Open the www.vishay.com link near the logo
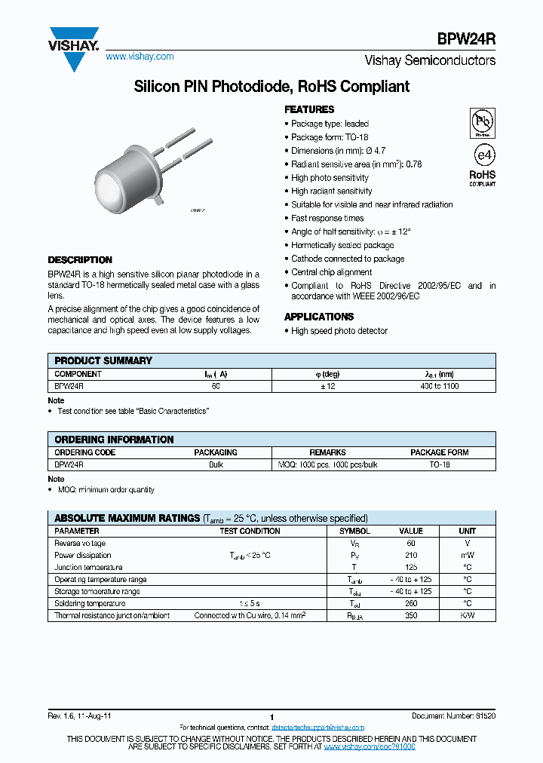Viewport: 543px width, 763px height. pos(140,57)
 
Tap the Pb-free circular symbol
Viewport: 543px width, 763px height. pos(483,121)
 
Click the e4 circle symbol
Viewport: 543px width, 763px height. pos(483,155)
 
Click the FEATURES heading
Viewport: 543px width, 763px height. pos(309,109)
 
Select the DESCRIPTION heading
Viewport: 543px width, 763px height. pos(80,260)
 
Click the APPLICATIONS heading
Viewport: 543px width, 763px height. pos(319,317)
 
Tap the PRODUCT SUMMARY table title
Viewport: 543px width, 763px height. pos(103,360)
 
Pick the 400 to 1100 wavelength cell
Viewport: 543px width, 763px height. pos(439,386)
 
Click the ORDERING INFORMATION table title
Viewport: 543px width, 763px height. pos(114,440)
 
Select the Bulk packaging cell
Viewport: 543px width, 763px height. pos(216,465)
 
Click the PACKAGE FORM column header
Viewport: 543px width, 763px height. pos(439,452)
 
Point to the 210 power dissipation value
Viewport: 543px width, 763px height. pos(411,555)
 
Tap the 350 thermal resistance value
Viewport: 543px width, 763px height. pos(411,615)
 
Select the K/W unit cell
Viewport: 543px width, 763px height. pos(468,615)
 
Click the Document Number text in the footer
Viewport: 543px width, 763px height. pos(453,716)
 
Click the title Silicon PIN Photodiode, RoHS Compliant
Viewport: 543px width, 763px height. pos(271,87)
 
